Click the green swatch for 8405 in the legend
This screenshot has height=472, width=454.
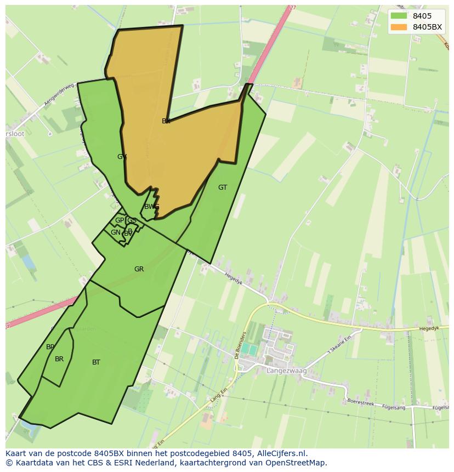[x=399, y=16]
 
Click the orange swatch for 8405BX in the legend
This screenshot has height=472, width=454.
[x=399, y=27]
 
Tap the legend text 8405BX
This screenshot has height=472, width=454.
[x=427, y=27]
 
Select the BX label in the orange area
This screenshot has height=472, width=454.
[x=166, y=121]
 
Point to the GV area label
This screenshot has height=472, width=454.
[x=122, y=157]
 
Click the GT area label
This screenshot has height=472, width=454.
[x=223, y=187]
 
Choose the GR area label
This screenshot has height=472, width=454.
[x=139, y=269]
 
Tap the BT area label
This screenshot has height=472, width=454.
[x=97, y=362]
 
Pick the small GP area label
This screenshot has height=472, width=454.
[x=120, y=220]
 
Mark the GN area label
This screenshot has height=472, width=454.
[x=116, y=232]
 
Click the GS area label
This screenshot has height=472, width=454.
[x=132, y=220]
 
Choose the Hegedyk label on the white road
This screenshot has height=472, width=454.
[x=234, y=278]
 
